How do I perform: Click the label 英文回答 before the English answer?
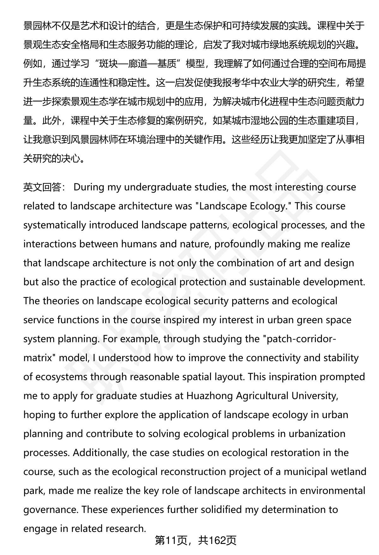pos(42,187)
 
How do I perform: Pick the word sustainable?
pos(274,282)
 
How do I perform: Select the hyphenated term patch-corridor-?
pos(300,339)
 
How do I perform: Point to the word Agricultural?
pos(262,396)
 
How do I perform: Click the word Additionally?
pos(100,453)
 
